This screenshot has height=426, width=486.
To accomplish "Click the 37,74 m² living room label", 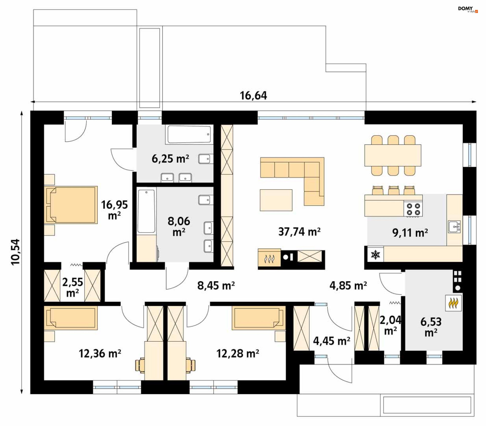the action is point(299,232).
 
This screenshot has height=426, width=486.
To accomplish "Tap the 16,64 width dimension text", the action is point(253,96).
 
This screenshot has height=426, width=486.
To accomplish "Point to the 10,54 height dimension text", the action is point(15,252).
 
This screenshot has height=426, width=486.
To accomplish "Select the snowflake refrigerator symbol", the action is point(375,255).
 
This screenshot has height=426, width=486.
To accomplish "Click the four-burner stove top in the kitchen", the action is point(413,209).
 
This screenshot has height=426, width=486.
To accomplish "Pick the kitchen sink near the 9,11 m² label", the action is point(454,226).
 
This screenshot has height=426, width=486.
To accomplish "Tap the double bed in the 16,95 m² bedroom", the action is point(71,205).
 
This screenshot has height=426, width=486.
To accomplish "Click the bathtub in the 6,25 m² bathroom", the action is point(189,134).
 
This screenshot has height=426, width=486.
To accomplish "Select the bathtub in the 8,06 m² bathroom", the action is point(146,211).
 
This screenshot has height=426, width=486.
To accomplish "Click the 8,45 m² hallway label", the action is point(216,286).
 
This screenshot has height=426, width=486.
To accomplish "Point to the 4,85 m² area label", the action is point(348,286).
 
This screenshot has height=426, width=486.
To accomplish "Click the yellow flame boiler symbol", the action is point(453,303).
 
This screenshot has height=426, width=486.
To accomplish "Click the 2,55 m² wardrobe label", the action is point(73,287).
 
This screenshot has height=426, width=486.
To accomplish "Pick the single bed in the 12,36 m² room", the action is point(71,318).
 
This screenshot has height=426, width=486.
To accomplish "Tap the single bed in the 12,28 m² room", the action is point(259,318).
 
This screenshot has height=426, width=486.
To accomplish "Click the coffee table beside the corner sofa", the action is point(276,200).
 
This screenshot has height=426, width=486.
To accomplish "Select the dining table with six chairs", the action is point(393,155).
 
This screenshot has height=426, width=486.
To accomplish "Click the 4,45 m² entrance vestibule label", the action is point(332,341).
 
